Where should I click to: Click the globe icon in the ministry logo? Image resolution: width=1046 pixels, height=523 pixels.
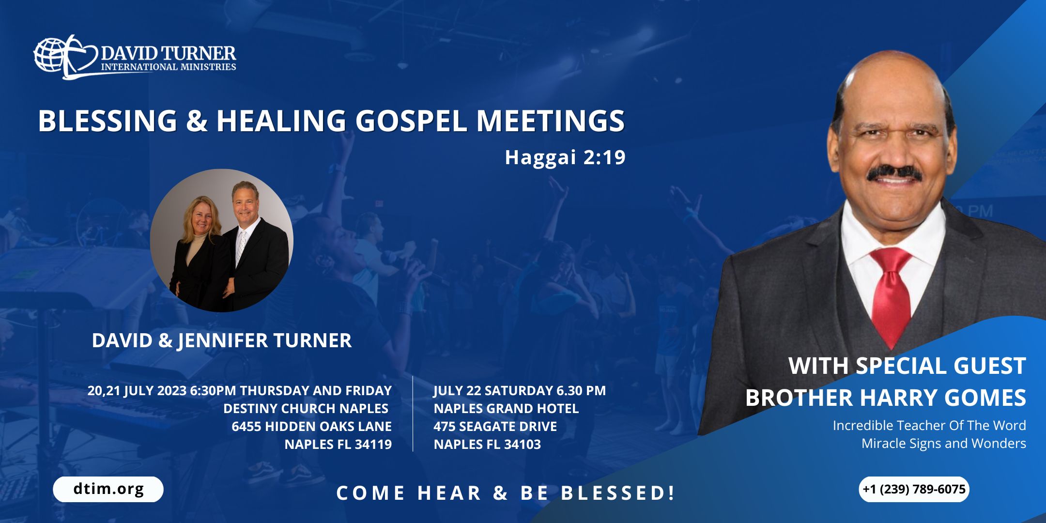point(50,54)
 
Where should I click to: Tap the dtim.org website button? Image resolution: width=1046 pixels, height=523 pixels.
point(108,489)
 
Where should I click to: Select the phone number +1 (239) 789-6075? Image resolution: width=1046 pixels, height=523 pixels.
point(914,489)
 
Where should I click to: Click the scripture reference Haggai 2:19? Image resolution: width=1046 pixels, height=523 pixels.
point(565,157)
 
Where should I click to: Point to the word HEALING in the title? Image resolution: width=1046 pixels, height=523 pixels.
point(281,121)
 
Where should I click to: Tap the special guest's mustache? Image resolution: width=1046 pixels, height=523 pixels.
point(895,173)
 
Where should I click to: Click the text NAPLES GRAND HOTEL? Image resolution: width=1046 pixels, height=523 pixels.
point(506,408)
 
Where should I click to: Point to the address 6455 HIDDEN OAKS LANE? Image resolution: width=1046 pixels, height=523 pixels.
point(311,426)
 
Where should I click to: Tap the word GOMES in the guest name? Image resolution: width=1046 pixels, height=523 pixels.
point(985,398)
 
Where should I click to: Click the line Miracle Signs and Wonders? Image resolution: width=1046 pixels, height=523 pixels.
point(943,443)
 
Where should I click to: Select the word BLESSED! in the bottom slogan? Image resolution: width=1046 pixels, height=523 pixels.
point(617,493)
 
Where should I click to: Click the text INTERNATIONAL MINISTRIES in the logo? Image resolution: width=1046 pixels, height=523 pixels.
point(169,67)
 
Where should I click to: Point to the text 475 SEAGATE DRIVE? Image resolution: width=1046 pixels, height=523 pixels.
point(495,426)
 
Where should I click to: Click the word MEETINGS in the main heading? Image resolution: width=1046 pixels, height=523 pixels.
point(551,121)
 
